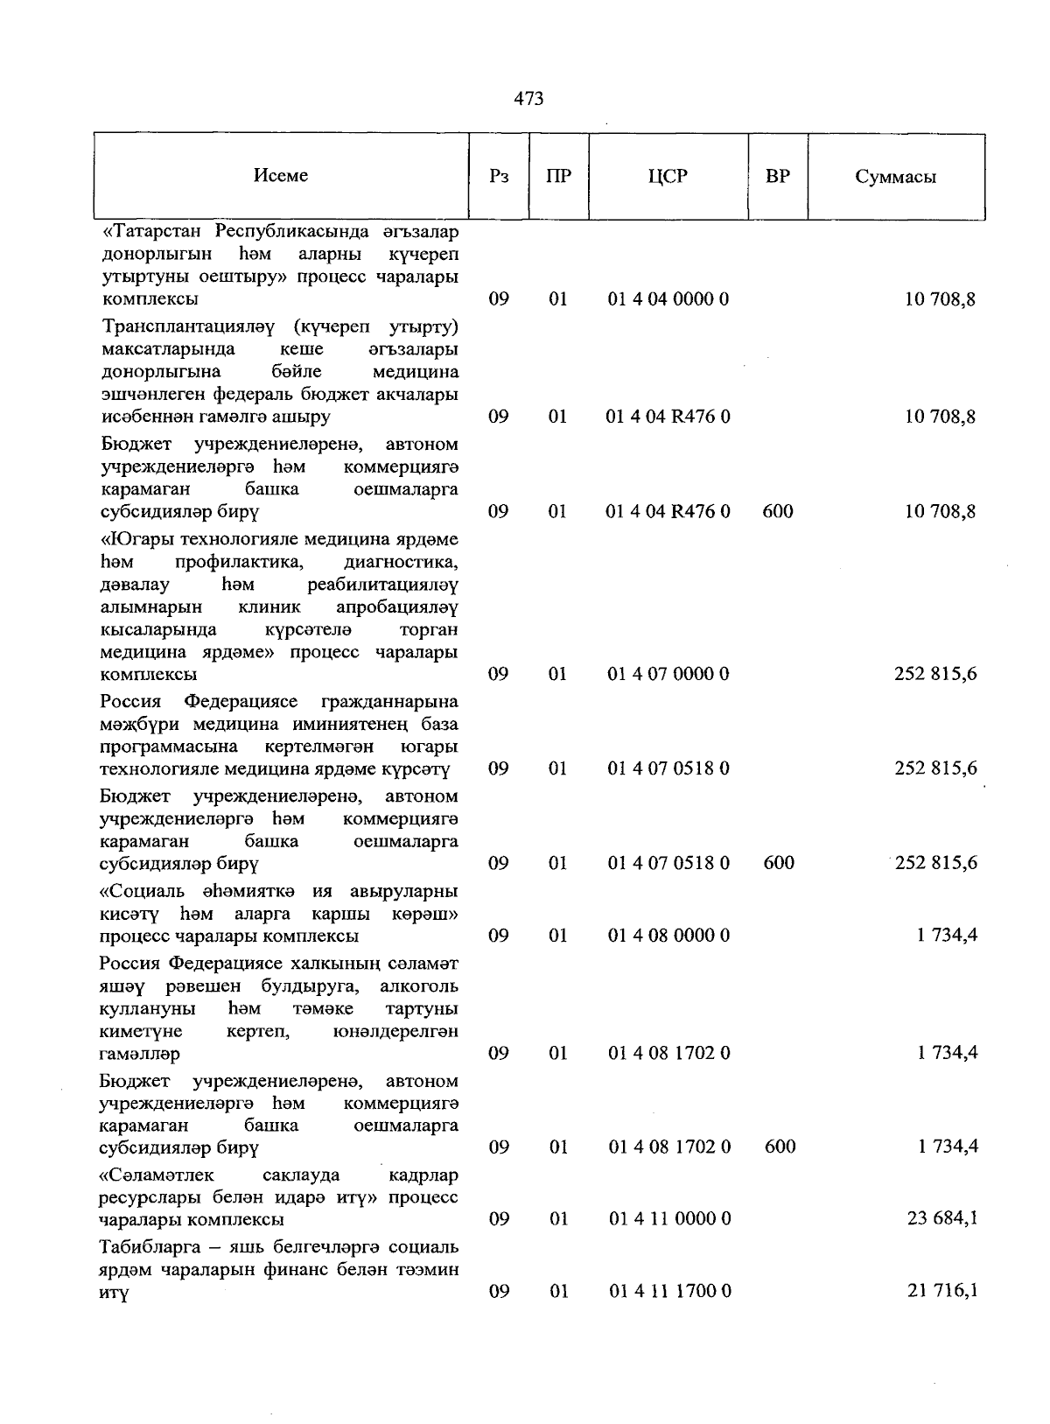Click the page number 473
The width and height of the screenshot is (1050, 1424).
[528, 99]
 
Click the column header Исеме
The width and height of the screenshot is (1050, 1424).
[281, 175]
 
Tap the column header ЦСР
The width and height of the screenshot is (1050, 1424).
[668, 176]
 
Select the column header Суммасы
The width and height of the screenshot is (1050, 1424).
[895, 177]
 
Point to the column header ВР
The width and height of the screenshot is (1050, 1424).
[777, 176]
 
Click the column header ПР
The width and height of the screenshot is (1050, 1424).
[558, 176]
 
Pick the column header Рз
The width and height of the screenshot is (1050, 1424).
[499, 176]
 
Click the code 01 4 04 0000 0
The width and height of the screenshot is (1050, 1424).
[668, 299]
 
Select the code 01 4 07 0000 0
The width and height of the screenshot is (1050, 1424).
[668, 674]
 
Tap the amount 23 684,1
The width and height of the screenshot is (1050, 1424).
[942, 1218]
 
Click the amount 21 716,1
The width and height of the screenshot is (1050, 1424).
[942, 1290]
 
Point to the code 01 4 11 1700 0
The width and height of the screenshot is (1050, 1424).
[668, 1290]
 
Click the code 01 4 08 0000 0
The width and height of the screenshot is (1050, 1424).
[668, 935]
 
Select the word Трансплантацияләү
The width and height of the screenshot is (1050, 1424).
[188, 327]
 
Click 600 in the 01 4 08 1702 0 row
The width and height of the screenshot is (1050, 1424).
[779, 1146]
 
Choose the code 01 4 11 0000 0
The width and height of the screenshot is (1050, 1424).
[668, 1218]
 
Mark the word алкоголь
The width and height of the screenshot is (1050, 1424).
[418, 986]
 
